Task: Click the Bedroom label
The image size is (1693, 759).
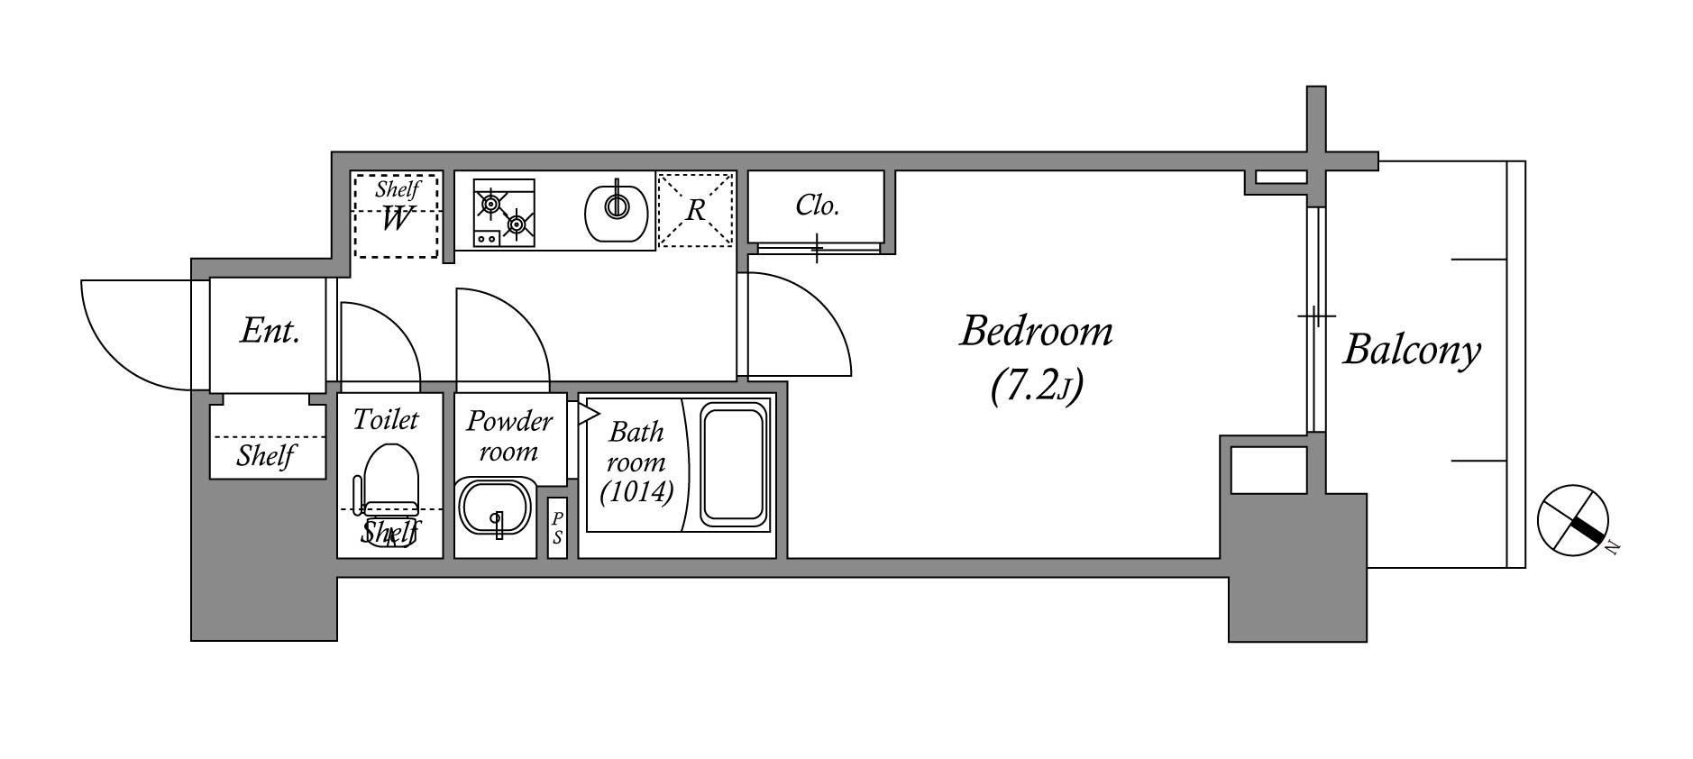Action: point(1036,332)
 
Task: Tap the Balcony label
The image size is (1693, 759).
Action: point(1412,350)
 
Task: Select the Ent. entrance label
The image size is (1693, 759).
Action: point(270,332)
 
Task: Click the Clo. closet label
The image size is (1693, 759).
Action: point(818,206)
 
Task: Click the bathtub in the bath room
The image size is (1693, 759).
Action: point(733,466)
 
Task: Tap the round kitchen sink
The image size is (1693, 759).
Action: point(617,210)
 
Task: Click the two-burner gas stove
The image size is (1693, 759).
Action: point(504,213)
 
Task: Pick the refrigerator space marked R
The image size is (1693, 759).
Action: point(695,209)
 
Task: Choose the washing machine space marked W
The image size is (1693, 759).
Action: point(395,215)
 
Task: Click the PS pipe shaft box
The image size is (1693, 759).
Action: point(557,527)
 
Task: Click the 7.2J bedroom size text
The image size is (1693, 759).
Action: point(1036,387)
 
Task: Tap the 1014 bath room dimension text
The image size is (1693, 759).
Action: point(636,492)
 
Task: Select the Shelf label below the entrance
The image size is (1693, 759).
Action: point(267,456)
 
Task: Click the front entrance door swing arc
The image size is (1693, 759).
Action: point(136,335)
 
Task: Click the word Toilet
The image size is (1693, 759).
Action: point(386,419)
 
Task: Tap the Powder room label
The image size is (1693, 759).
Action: point(509,435)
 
